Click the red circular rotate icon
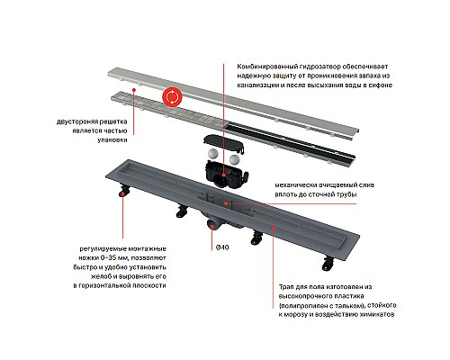pyautogui.click(x=172, y=96)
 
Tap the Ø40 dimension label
pyautogui.click(x=222, y=247)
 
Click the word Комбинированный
pyautogui.click(x=259, y=67)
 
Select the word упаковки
pyautogui.click(x=112, y=139)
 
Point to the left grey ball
pyautogui.click(x=213, y=155)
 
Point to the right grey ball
pyautogui.click(x=235, y=159)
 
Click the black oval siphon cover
pyautogui.click(x=223, y=143)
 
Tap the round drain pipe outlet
pyautogui.click(x=211, y=224)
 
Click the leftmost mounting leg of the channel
pyautogui.click(x=124, y=191)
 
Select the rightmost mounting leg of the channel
pyautogui.click(x=328, y=263)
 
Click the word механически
pyautogui.click(x=292, y=185)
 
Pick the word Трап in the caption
pyautogui.click(x=286, y=287)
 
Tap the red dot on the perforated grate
pyautogui.click(x=134, y=90)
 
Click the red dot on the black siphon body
pyautogui.click(x=223, y=175)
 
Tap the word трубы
pyautogui.click(x=347, y=194)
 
